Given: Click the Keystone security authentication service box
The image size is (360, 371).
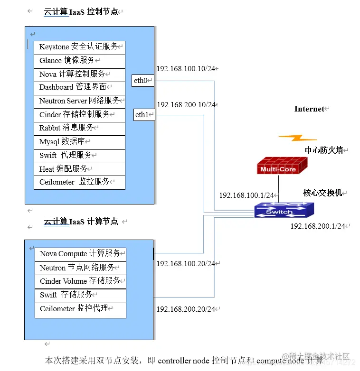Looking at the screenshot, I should tap(79, 47).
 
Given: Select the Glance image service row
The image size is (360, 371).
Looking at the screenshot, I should tap(79, 61).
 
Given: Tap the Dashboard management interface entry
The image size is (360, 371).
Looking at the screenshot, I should tap(79, 87).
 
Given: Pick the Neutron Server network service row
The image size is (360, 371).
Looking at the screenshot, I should tap(79, 101).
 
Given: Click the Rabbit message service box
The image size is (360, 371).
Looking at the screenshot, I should tap(79, 128).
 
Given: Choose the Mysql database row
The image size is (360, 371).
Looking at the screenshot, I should tap(79, 141).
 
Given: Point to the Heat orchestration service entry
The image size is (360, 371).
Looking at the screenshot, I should tap(79, 169).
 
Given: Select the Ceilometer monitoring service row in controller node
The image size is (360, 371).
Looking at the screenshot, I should tap(79, 182).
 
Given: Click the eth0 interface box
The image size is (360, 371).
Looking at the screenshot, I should tap(143, 81).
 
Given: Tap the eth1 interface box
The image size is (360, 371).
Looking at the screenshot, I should tap(143, 114).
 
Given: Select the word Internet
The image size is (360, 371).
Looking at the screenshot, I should tap(309, 109).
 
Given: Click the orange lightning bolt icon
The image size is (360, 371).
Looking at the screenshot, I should tap(298, 138).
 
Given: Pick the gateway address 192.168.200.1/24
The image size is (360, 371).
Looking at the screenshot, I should tap(318, 226).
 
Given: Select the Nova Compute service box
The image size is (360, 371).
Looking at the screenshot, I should tap(80, 254).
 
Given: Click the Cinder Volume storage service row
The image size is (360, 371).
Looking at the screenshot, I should tap(80, 281).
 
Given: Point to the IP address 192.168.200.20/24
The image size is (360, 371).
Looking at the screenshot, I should tap(186, 309).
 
